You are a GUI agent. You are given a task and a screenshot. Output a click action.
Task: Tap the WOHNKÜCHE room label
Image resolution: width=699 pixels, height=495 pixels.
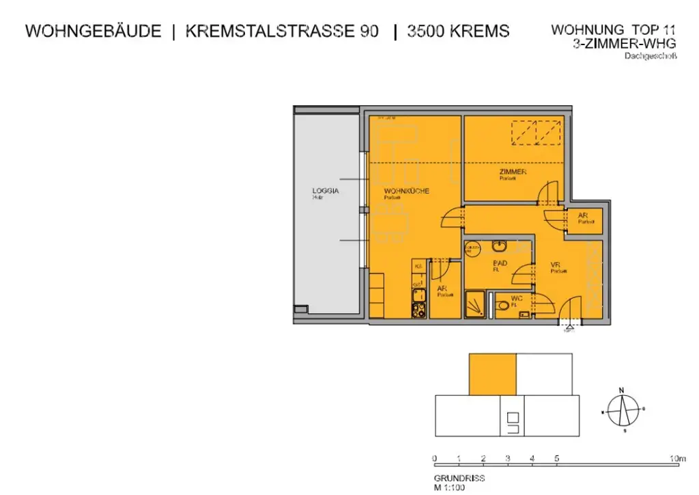click(406, 191)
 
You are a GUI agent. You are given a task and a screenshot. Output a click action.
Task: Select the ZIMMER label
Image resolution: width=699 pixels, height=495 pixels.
click(513, 172)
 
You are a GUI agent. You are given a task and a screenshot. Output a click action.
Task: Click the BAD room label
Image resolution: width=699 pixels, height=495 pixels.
click(500, 263)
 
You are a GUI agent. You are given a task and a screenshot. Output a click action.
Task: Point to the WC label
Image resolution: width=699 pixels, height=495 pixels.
click(516, 298)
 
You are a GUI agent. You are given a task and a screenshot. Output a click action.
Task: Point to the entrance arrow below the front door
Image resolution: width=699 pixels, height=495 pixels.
click(569, 326)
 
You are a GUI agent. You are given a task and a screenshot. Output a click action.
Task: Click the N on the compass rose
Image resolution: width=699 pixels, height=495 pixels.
click(621, 390)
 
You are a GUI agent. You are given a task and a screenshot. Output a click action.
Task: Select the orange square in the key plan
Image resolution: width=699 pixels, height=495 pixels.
click(492, 374)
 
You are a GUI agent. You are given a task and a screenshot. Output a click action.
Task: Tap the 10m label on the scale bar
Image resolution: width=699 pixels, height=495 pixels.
click(677, 458)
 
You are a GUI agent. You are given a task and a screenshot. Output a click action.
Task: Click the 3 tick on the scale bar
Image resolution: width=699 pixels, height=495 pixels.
click(507, 458)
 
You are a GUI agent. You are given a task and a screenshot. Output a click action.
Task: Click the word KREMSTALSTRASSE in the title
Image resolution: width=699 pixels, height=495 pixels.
click(281, 31)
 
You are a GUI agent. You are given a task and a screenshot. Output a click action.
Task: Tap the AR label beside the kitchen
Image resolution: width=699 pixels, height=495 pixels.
click(442, 289)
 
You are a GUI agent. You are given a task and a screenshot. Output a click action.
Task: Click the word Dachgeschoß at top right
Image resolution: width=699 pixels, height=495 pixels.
click(650, 57)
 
